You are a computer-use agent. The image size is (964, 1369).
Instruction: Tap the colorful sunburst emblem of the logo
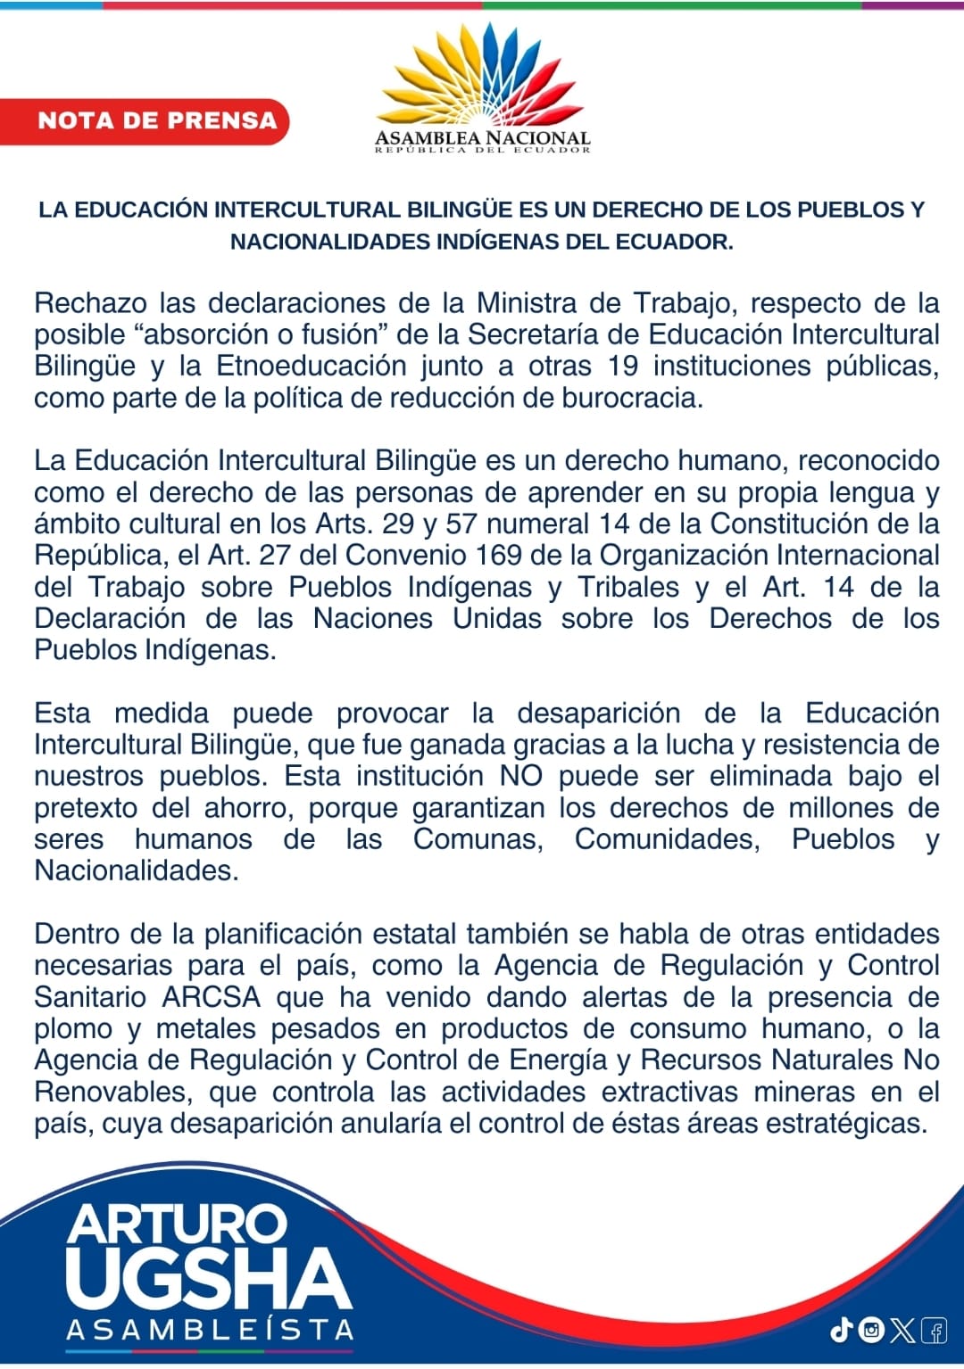point(482,76)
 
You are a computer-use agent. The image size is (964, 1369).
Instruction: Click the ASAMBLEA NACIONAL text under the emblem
point(482,138)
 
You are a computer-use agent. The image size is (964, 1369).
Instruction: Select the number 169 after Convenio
point(499,556)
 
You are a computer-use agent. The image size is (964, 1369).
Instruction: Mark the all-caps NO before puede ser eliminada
point(521,776)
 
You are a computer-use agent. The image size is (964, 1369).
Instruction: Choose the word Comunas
point(478,839)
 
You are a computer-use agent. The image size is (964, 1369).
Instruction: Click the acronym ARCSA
point(212,997)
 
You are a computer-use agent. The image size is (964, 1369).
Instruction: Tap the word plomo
point(73,1029)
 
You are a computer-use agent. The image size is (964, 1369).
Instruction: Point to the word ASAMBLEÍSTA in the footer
point(211,1330)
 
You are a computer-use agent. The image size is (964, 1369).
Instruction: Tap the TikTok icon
point(841,1331)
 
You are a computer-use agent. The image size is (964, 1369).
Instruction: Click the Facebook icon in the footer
point(935,1331)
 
